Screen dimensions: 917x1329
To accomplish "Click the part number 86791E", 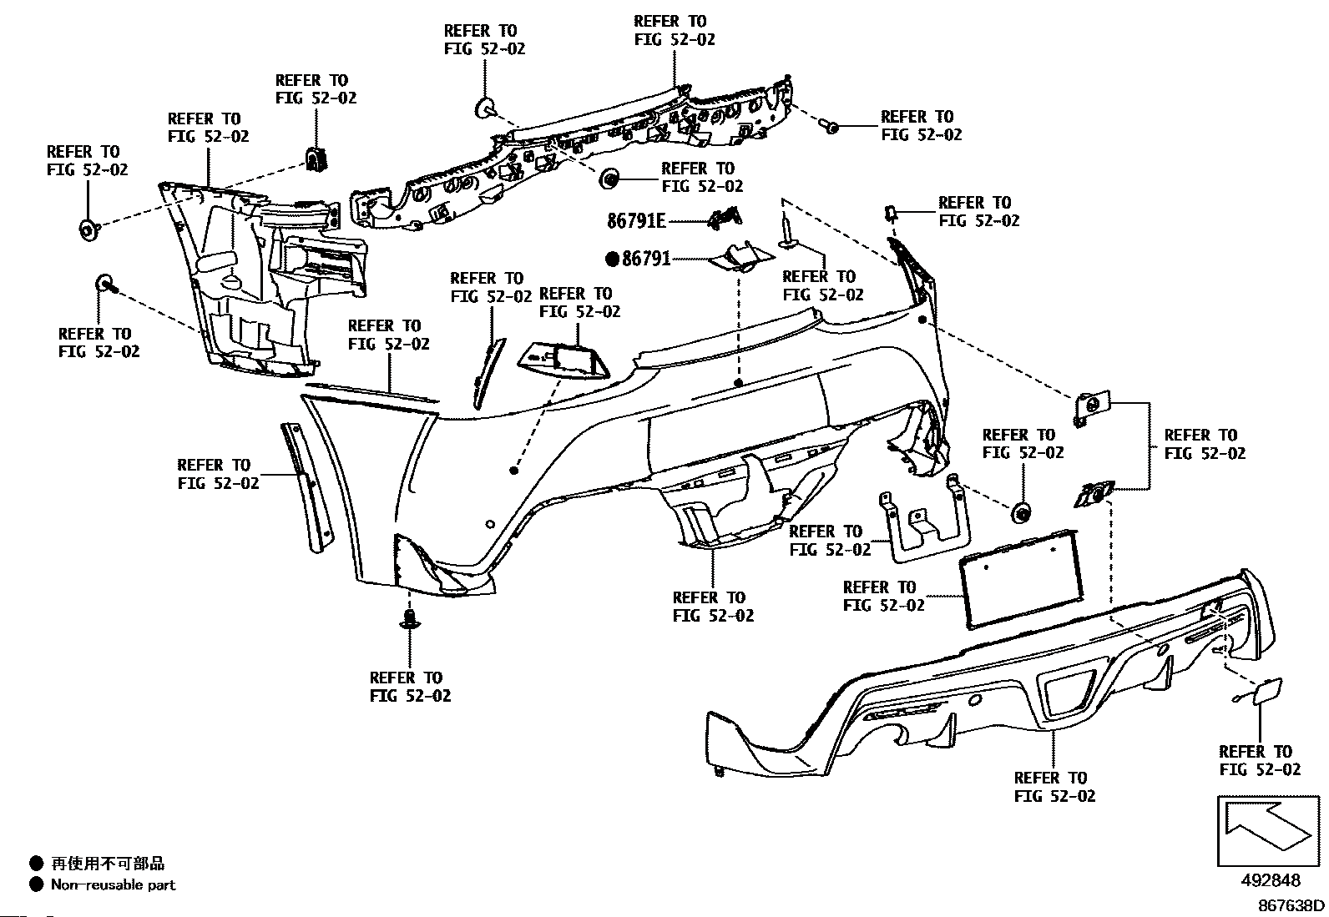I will (636, 221).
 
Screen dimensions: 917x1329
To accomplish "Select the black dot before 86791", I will (614, 259).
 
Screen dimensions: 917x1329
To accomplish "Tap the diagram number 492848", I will (1270, 881).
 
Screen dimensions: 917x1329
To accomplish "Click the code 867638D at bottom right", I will (1291, 905).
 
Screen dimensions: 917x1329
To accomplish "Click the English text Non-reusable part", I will (113, 884).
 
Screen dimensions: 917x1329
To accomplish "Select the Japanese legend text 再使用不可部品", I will (108, 864).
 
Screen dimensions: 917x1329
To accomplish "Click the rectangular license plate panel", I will (1019, 578).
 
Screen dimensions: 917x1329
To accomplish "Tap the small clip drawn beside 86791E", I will (725, 219).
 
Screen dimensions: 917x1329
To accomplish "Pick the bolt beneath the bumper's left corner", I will (409, 618).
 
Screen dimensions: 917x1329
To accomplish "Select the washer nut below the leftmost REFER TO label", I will (87, 229).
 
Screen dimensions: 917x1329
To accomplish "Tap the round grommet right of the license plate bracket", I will (1021, 512).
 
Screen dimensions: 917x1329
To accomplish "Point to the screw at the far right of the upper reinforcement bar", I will (830, 126).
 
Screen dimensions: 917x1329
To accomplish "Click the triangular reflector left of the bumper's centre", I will (564, 360).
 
